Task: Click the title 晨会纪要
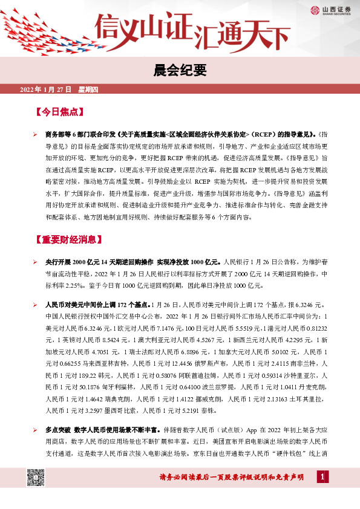click(x=180, y=71)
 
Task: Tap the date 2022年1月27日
click(x=45, y=90)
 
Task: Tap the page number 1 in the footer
click(x=323, y=478)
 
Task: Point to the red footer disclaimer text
click(x=240, y=478)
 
